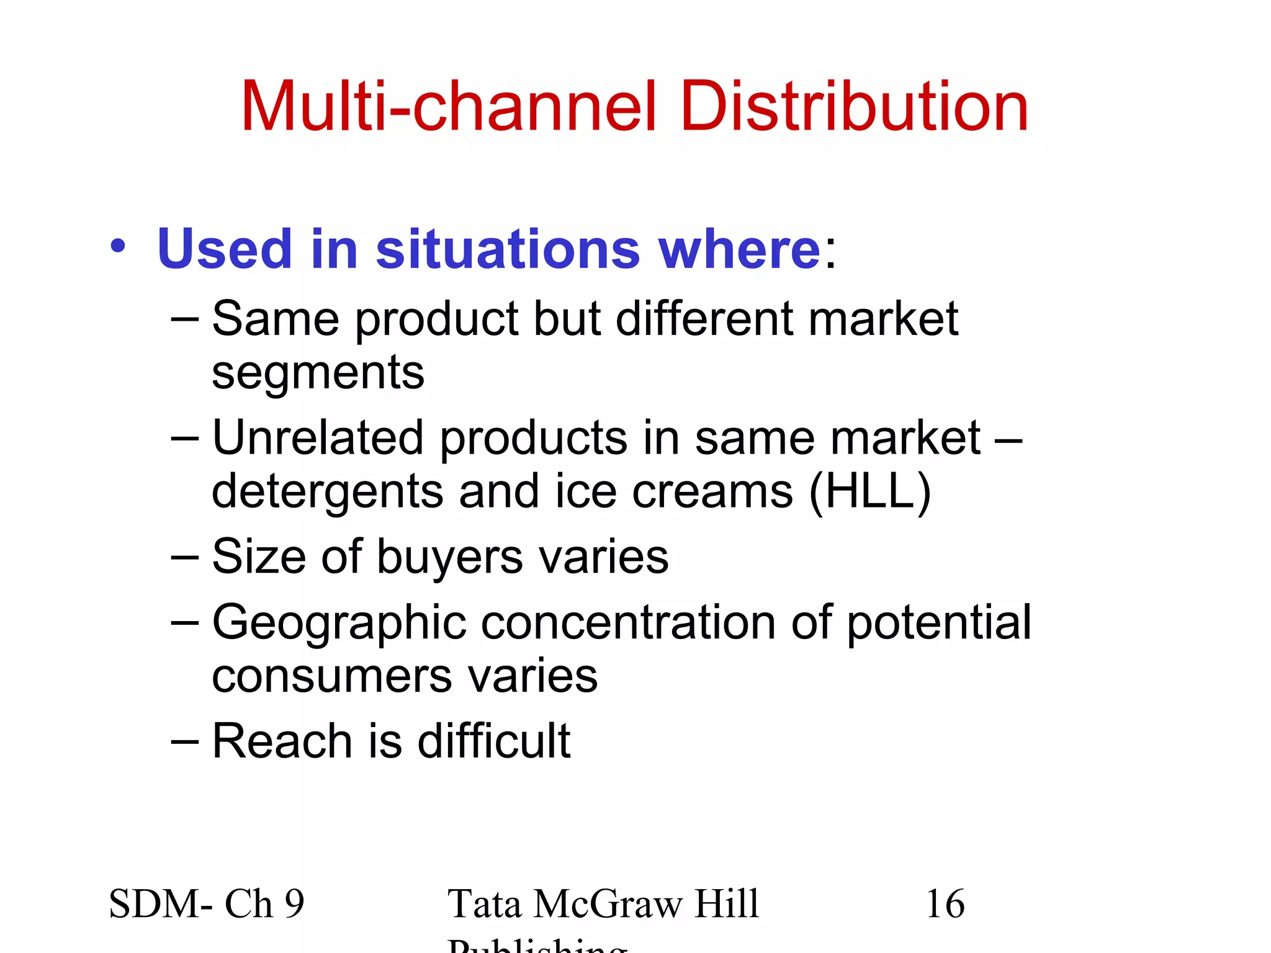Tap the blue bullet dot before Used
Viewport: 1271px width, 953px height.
118,246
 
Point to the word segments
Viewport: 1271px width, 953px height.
318,374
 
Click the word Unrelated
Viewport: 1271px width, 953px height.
318,437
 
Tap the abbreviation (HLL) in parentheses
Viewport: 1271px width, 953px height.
870,491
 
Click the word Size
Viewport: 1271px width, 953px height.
259,556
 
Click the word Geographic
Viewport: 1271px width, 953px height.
339,623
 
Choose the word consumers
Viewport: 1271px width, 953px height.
331,676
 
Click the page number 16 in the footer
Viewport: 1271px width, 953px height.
945,903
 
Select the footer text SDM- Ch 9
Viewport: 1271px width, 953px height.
206,903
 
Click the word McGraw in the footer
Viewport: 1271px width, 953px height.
606,905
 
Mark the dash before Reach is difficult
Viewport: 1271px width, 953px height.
184,741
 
